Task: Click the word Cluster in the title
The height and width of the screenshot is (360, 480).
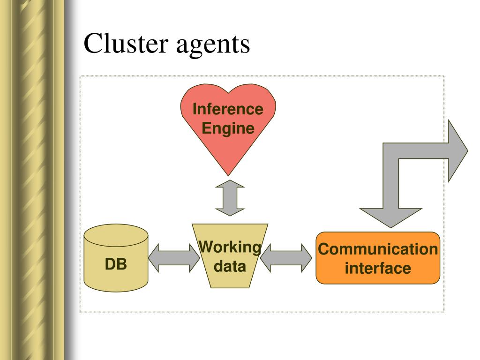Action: coord(126,43)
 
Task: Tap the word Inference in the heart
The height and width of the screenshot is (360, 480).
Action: coord(228,109)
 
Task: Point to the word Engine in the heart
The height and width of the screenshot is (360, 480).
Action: coord(228,128)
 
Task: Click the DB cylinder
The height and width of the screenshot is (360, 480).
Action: coord(116,258)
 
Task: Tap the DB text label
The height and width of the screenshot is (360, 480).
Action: coord(116,264)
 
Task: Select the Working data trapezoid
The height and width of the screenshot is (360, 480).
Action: coord(230,256)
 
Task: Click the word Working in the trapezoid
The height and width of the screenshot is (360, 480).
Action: coord(230,247)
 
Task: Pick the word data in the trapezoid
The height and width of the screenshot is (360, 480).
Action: coord(230,266)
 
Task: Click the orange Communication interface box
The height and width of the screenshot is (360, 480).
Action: coord(378,258)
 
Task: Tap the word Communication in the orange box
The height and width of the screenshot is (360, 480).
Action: coord(378,249)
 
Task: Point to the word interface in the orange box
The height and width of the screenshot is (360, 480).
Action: coord(378,268)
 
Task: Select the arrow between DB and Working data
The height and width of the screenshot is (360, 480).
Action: coord(174,258)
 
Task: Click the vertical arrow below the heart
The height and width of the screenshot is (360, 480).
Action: coord(230,198)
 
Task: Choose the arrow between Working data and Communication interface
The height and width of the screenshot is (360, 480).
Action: coord(286,258)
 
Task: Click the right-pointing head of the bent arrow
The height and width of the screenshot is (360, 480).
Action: coord(458,150)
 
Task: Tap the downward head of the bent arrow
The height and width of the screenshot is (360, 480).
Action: coord(390,217)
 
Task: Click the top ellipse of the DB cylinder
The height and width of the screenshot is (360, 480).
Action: coord(116,235)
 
